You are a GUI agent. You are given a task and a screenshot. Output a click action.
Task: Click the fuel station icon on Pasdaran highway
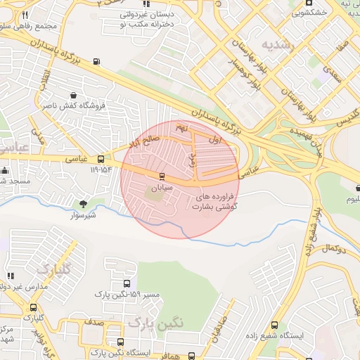(96, 61)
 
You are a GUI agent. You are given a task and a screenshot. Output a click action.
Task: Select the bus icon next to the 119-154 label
(101, 159)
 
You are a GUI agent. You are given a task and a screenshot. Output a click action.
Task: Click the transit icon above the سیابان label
(162, 175)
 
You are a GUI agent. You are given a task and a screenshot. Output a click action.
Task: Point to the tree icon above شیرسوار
(84, 205)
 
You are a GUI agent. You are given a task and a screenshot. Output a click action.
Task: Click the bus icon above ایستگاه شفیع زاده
(274, 325)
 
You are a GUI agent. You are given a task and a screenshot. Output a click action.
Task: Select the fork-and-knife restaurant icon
(25, 15)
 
